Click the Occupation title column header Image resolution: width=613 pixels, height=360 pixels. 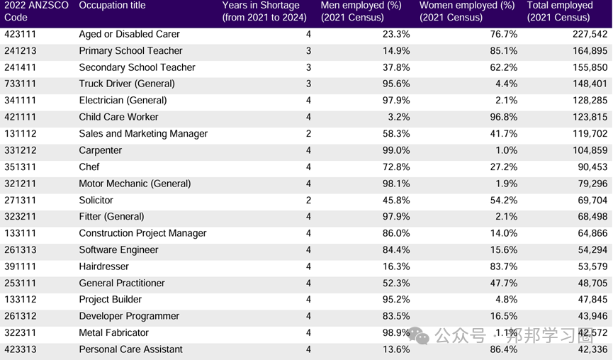click(112, 6)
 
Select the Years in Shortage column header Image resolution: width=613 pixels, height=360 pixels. click(264, 11)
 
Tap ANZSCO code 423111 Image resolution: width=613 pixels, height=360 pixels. click(20, 34)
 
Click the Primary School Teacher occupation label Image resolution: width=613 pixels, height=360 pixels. click(130, 51)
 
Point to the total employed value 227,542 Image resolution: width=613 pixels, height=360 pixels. click(588, 34)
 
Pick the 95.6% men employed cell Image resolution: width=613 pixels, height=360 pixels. click(395, 84)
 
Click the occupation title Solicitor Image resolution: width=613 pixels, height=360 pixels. click(96, 201)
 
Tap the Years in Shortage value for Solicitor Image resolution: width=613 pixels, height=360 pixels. click(308, 201)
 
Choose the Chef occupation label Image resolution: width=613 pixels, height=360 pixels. click(89, 167)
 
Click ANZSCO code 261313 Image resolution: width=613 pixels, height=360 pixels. click(20, 250)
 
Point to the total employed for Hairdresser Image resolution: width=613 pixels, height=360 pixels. click(591, 266)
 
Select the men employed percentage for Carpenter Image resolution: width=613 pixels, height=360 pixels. click(395, 150)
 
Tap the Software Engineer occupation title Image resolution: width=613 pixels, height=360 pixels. click(118, 250)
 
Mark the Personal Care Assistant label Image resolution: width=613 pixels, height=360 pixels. click(130, 349)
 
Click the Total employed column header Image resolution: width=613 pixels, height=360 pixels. click(560, 11)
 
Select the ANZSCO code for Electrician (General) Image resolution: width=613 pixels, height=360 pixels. click(20, 101)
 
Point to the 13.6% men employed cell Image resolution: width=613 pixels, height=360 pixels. click(395, 349)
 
